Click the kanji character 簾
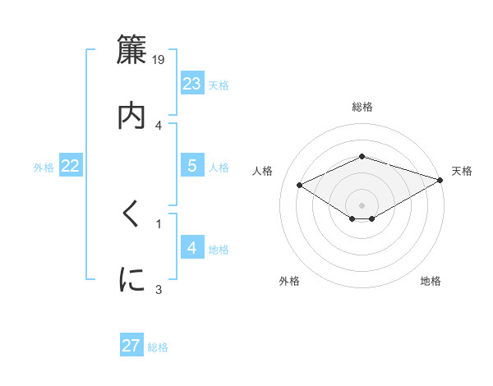pos(131,50)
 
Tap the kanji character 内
pos(131,115)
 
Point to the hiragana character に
pos(131,280)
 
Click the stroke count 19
pos(159,59)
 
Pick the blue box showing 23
pos(192,84)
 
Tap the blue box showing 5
pos(192,166)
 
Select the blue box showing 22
pos(71,167)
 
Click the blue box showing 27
pos(131,346)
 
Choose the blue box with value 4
pos(192,248)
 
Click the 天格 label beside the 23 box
pos(219,85)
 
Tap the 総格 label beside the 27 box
pos(158,347)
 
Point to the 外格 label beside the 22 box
pos(44,168)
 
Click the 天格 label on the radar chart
pos(462,171)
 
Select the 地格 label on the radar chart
pos(431,281)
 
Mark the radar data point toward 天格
pos(441,179)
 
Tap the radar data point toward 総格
pos(362,156)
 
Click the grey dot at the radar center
pos(362,204)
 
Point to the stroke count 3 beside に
pos(159,289)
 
